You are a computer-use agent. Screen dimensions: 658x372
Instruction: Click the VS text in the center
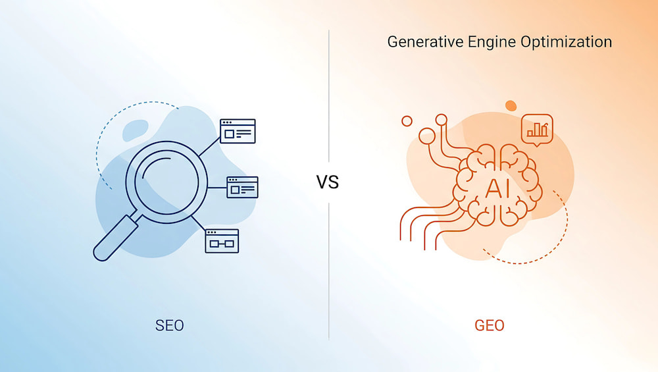pyautogui.click(x=327, y=182)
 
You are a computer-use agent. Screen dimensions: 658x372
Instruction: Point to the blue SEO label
pyautogui.click(x=170, y=325)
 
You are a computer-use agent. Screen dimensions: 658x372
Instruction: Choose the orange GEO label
pyautogui.click(x=490, y=325)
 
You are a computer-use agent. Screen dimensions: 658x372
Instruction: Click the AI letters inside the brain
pyautogui.click(x=497, y=188)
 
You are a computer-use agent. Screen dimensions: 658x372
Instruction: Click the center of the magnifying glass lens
pyautogui.click(x=166, y=182)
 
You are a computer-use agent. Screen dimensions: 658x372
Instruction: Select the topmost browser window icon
pyautogui.click(x=238, y=131)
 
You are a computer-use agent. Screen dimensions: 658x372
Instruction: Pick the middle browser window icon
pyautogui.click(x=243, y=187)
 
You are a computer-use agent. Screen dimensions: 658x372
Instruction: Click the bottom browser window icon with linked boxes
pyautogui.click(x=222, y=241)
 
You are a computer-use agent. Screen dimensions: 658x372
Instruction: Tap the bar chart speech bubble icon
pyautogui.click(x=537, y=130)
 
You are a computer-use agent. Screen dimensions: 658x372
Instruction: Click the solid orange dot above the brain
pyautogui.click(x=511, y=105)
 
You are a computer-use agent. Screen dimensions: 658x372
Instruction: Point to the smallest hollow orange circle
pyautogui.click(x=407, y=121)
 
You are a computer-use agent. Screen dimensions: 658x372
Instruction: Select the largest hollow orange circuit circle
pyautogui.click(x=427, y=136)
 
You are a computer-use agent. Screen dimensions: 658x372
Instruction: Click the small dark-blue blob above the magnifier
pyautogui.click(x=135, y=130)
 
